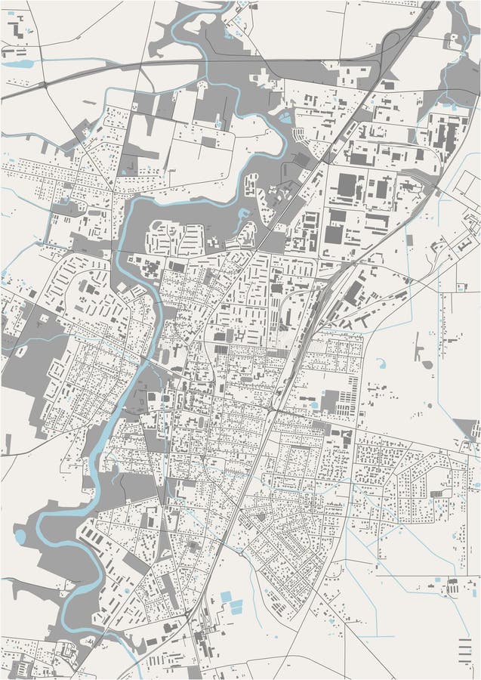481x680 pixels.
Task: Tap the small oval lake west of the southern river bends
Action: [20, 536]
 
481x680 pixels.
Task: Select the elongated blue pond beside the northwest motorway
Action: [17, 64]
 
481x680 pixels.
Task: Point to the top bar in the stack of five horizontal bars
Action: [464, 640]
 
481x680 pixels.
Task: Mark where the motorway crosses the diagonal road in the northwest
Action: [48, 82]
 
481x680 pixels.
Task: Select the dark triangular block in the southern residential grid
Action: [261, 518]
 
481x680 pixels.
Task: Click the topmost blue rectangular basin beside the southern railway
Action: [226, 597]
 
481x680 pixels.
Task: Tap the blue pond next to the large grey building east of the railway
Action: [314, 405]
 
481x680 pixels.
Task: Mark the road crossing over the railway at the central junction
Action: [270, 410]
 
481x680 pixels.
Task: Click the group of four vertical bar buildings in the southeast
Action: [452, 586]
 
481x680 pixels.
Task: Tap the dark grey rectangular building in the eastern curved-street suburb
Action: [436, 493]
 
